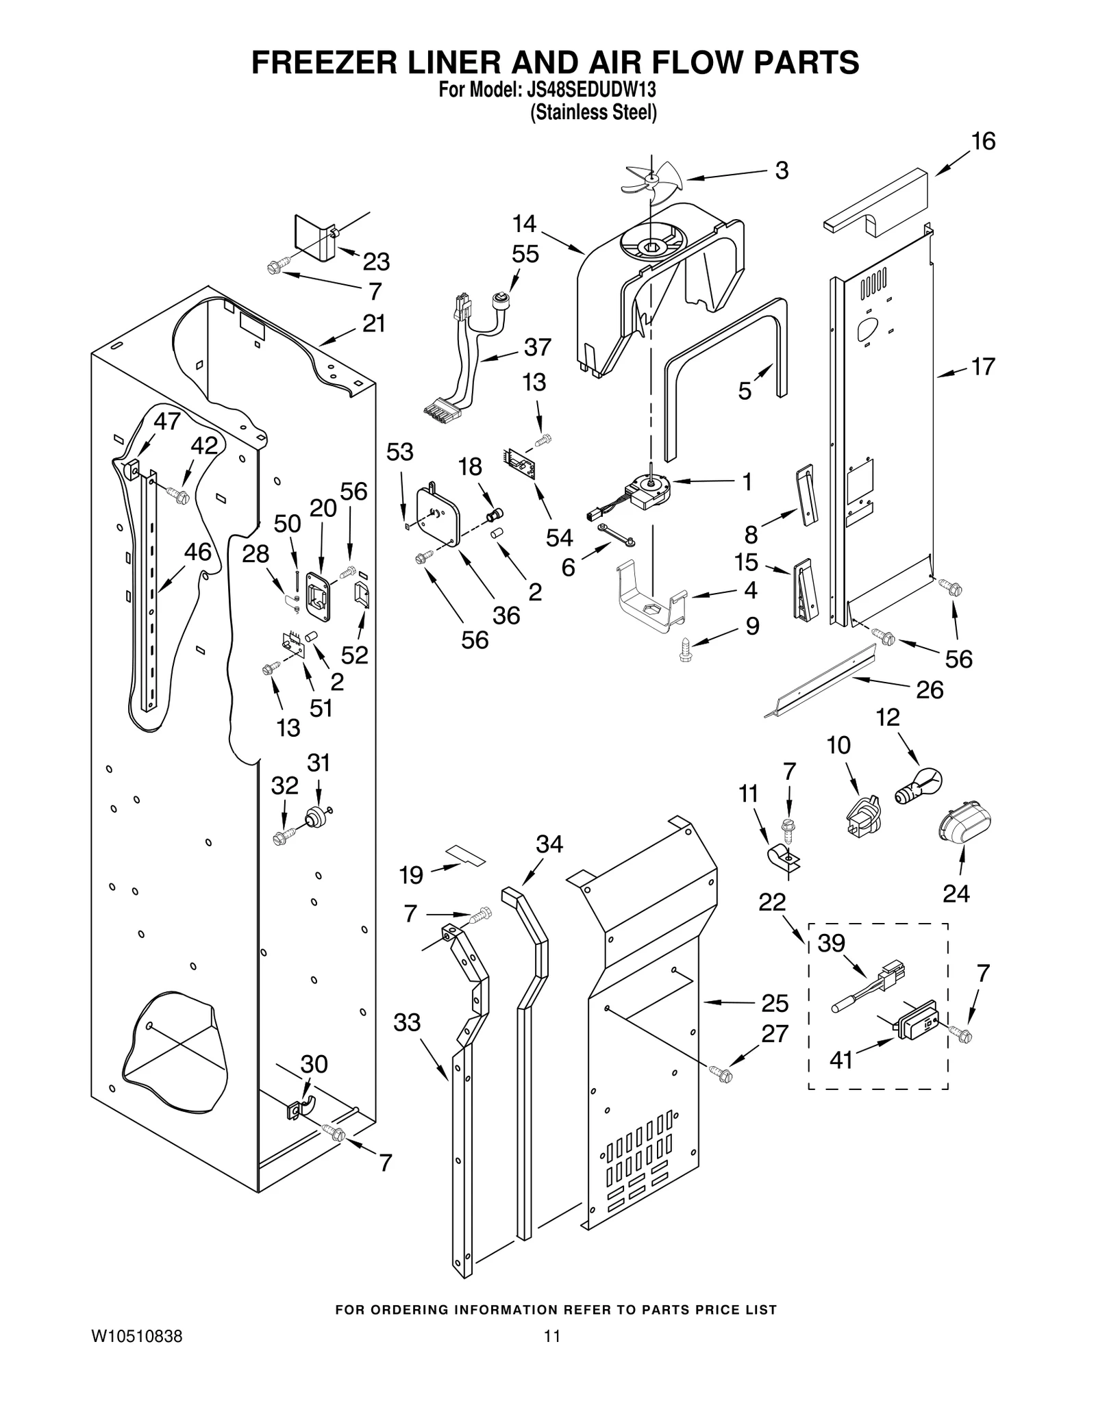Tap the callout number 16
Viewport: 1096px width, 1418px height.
983,142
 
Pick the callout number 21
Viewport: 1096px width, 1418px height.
374,323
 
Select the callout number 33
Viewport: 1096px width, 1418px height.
407,1023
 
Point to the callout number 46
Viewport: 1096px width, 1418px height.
198,552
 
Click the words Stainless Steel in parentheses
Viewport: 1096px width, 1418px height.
593,112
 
